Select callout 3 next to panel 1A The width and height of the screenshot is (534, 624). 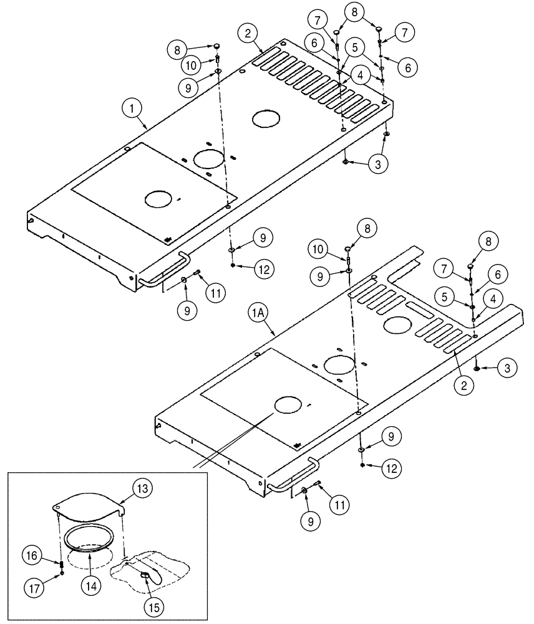click(507, 369)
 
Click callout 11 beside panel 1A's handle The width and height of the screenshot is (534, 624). click(340, 502)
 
